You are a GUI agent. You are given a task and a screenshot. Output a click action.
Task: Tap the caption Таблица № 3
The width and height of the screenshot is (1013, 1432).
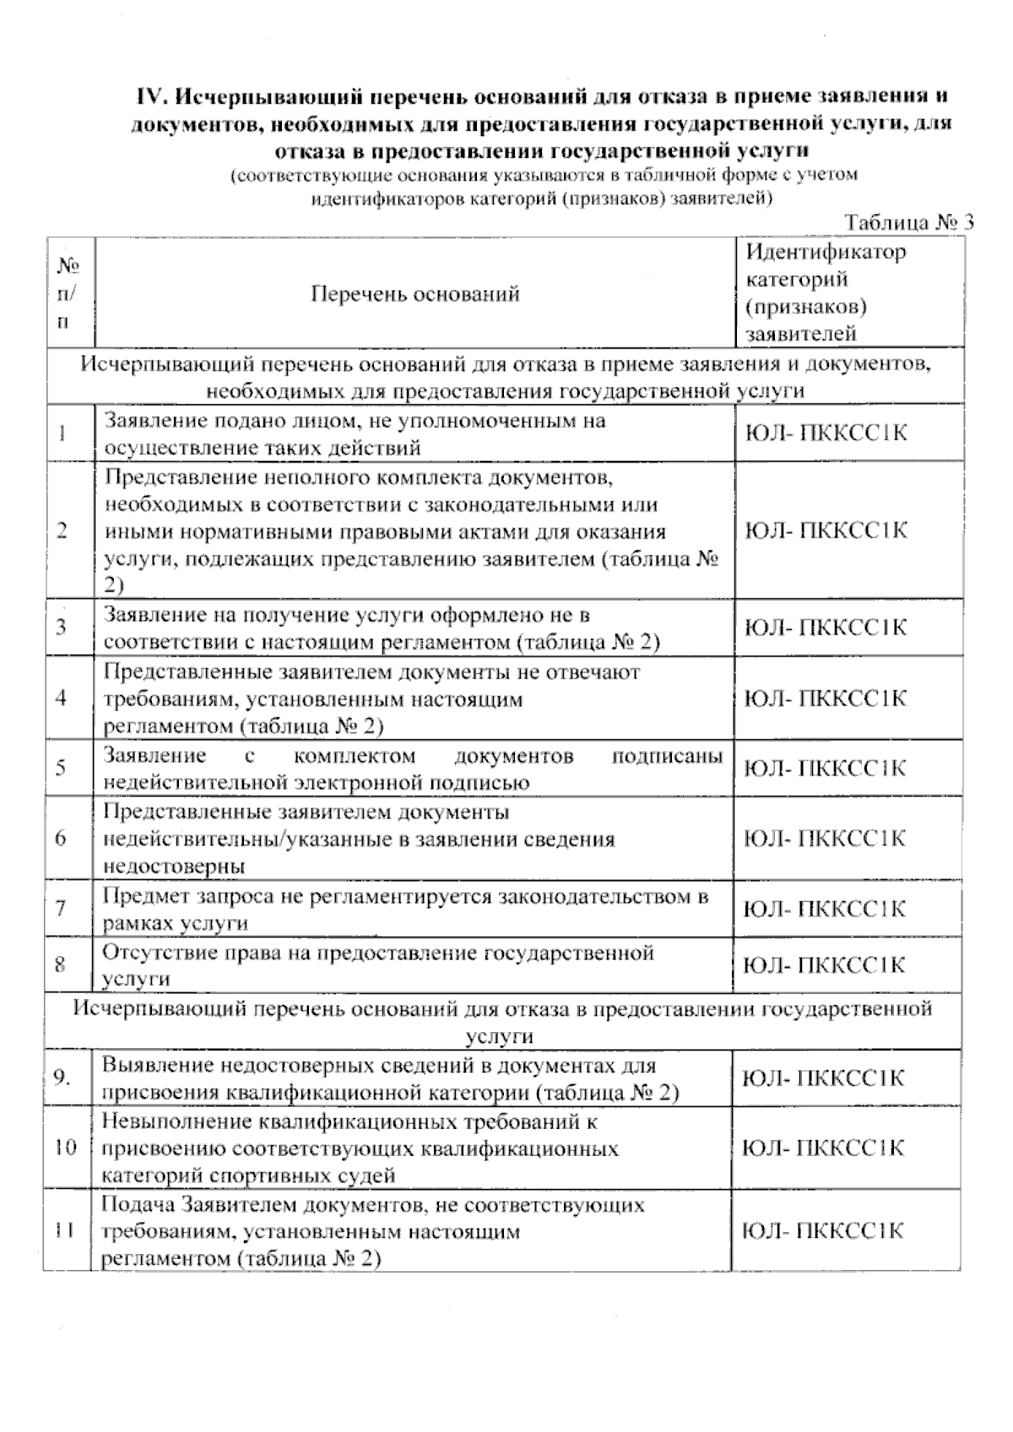coord(909,223)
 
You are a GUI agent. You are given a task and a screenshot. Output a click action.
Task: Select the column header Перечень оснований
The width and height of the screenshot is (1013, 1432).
coord(414,294)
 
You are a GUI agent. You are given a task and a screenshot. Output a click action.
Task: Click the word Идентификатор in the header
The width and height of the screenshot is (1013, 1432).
coord(826,251)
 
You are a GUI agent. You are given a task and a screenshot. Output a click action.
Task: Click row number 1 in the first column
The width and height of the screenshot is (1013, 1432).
coord(62,434)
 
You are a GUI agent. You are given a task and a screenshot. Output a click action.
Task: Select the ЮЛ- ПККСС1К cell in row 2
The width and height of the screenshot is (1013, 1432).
coord(826,531)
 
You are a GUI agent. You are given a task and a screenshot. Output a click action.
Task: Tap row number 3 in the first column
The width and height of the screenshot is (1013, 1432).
coord(61,628)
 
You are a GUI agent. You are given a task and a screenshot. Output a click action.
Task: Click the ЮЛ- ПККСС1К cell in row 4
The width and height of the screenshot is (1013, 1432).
coord(826,699)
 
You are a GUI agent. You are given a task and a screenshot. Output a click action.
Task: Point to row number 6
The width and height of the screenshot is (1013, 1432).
coord(61,838)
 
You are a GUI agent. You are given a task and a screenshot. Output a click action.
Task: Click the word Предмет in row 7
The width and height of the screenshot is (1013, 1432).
coord(140,896)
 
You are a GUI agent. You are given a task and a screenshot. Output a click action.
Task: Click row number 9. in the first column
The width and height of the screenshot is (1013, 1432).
coord(62,1078)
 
